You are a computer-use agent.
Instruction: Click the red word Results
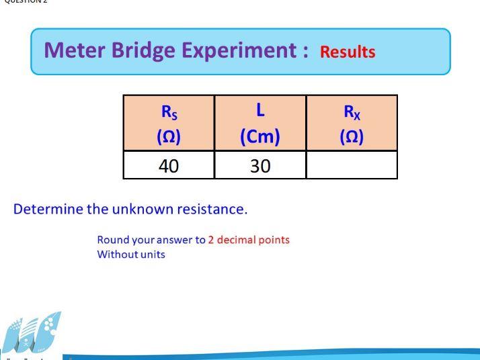[x=348, y=52]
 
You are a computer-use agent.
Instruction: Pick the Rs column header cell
[x=169, y=122]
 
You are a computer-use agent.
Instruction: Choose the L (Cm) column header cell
[x=260, y=122]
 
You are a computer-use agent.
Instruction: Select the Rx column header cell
[x=352, y=122]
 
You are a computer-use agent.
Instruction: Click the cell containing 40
[x=169, y=165]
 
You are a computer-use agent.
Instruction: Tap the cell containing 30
[x=260, y=165]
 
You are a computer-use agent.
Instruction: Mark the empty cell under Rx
[x=352, y=165]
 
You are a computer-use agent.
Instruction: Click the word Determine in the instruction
[x=47, y=209]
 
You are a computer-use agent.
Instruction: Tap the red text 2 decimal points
[x=249, y=240]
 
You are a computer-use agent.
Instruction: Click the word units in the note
[x=153, y=255]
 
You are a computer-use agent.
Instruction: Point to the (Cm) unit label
[x=260, y=136]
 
